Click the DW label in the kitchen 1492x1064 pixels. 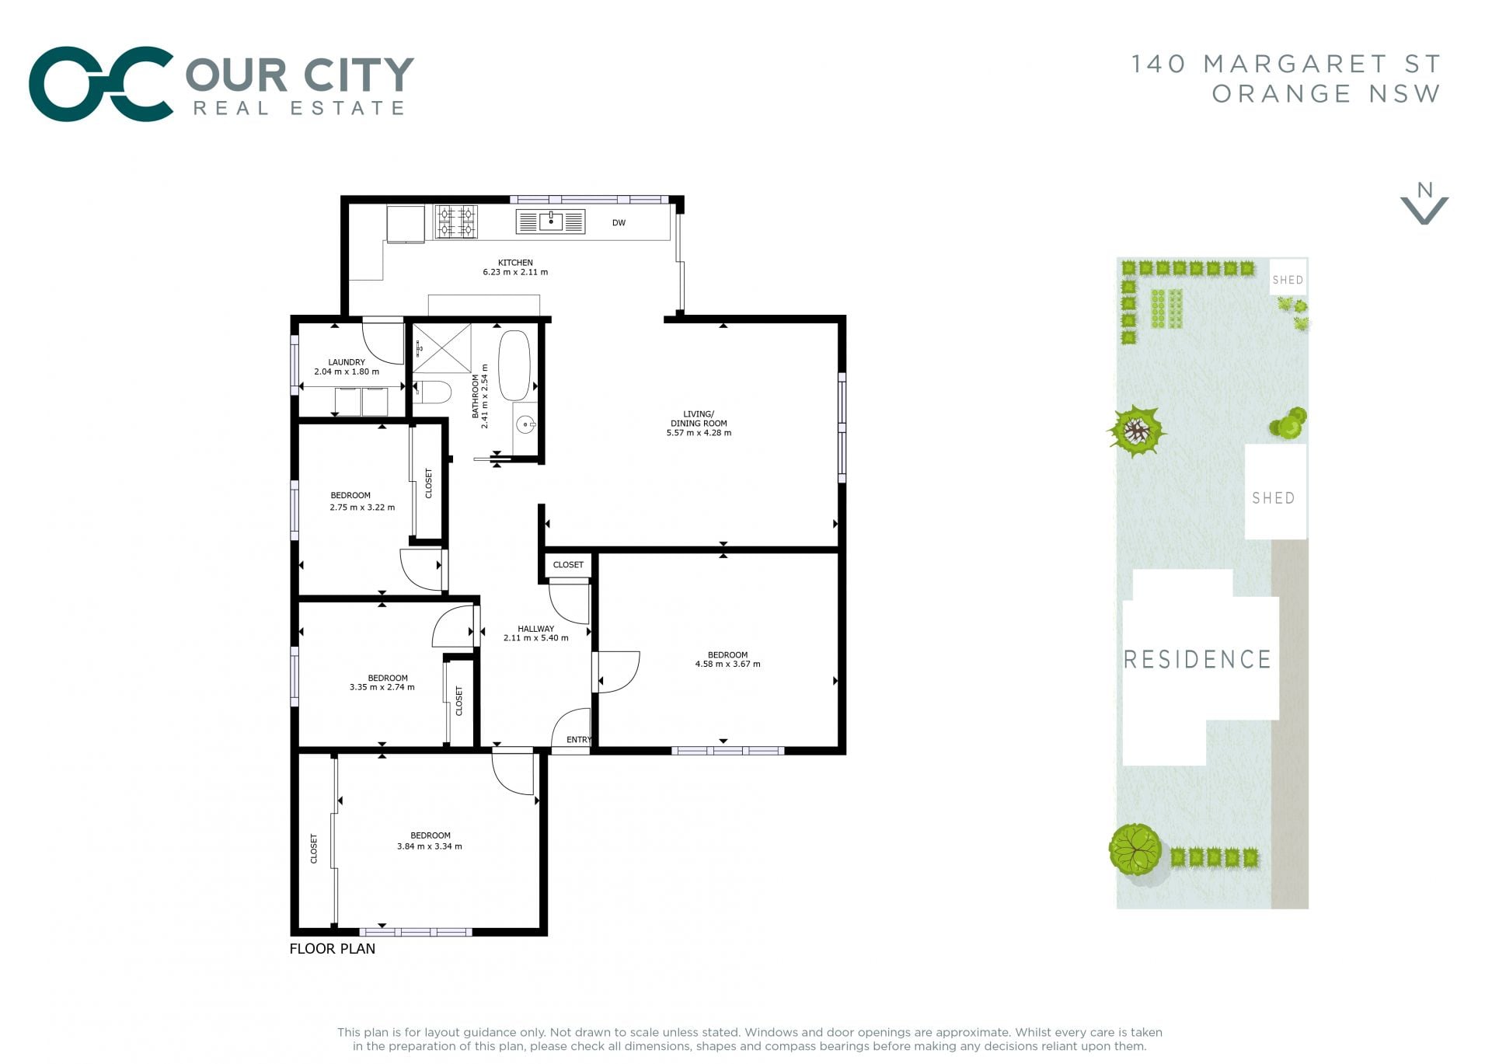pos(619,223)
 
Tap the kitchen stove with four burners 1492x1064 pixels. pos(456,222)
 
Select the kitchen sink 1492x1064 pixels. pos(551,222)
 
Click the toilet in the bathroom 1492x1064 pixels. pos(432,392)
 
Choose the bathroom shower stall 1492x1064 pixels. pos(441,348)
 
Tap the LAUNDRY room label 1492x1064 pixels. pos(347,362)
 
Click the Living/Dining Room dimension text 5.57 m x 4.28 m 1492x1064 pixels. pos(699,433)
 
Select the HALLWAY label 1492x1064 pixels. pos(536,629)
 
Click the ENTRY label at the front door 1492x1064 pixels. pos(579,740)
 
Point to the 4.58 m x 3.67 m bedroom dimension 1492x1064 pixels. pos(727,664)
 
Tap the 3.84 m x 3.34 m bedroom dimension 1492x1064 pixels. pos(430,846)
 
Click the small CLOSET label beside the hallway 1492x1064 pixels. pos(568,565)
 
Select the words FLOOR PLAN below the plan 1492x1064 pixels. pos(333,949)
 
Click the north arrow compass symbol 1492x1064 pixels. pos(1424,204)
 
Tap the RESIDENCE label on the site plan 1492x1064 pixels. pos(1197,660)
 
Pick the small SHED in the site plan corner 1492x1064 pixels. pos(1288,277)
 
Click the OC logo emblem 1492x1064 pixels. pos(101,84)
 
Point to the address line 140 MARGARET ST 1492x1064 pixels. pos(1286,64)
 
